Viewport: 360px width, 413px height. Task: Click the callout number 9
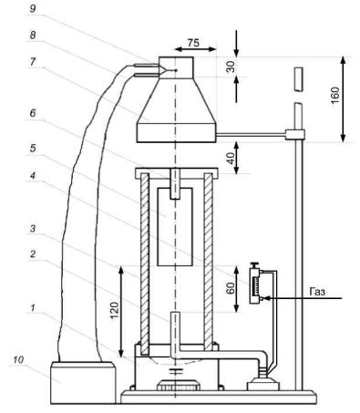33,9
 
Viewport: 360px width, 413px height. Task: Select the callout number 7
33,62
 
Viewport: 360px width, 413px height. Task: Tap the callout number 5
33,149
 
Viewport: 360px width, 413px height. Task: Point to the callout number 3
33,229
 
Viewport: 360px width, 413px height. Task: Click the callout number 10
18,360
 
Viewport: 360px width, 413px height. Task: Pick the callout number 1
33,308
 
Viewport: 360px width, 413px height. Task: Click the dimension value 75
193,43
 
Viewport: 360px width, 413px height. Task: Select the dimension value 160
335,96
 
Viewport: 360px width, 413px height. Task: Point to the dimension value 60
231,288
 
